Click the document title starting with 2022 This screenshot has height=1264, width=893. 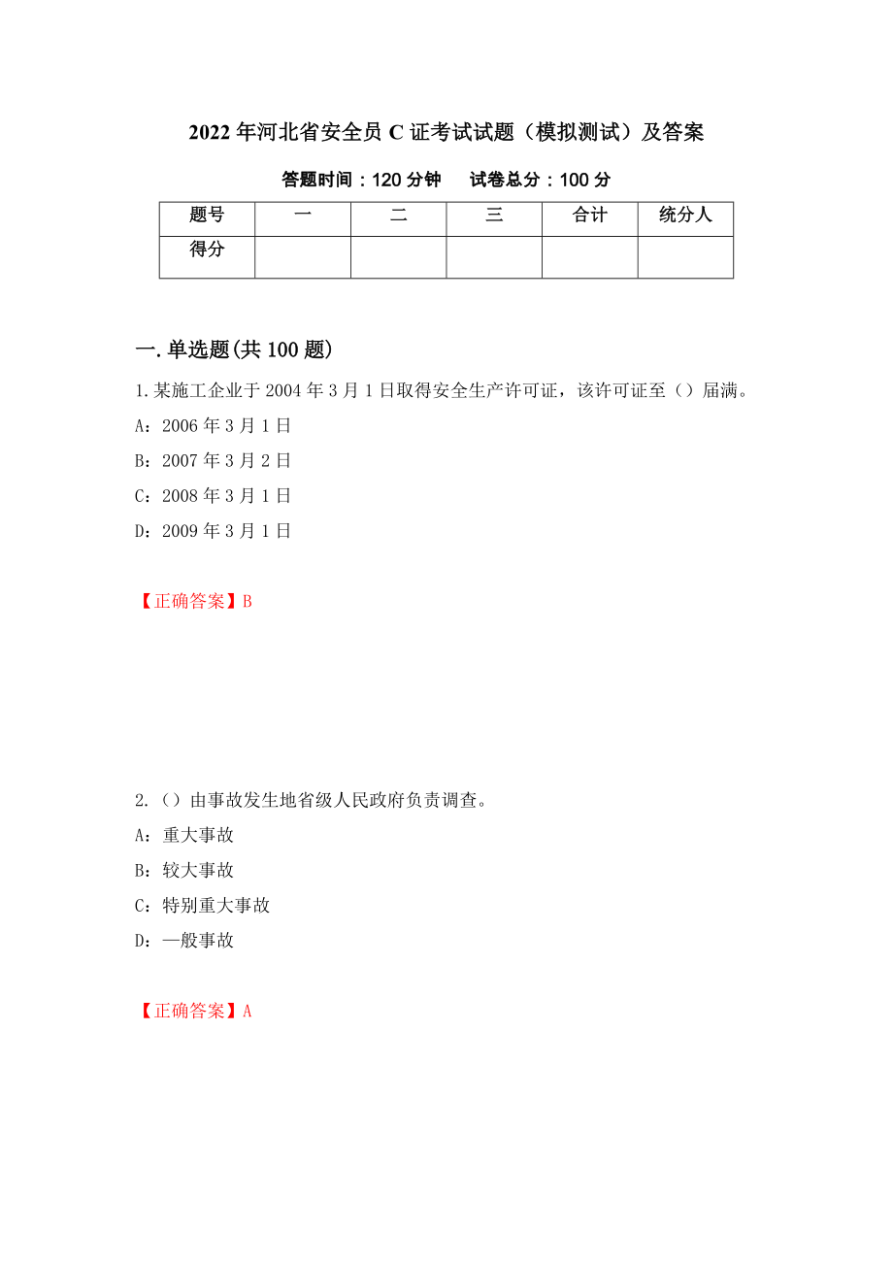pos(446,132)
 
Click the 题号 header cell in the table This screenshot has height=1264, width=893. pos(207,216)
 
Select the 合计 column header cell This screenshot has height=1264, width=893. pos(589,216)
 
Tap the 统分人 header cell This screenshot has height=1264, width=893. pos(685,216)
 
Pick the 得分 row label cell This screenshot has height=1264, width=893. pos(207,250)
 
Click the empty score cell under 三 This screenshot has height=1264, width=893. pos(494,257)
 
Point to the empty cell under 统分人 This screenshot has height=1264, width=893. pos(685,257)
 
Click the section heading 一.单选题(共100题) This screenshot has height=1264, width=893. pos(233,349)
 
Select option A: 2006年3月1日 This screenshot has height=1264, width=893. pos(213,426)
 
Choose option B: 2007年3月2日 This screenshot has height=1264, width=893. pos(213,461)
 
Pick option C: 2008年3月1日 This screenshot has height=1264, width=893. pos(213,496)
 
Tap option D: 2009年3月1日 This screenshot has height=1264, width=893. pos(213,531)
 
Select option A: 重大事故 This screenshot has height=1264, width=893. pos(184,835)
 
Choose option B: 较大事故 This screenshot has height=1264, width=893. pos(184,870)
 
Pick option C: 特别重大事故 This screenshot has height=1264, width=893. pos(202,905)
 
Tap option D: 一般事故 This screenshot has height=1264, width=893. pos(184,940)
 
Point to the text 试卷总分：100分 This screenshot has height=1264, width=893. pos(540,180)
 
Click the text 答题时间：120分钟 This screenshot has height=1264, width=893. pos(361,180)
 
